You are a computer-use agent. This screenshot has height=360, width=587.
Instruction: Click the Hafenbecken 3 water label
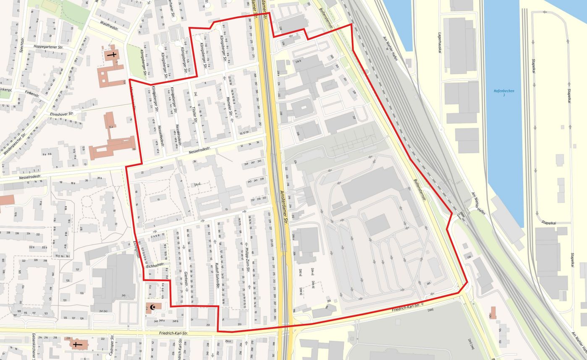[504, 93]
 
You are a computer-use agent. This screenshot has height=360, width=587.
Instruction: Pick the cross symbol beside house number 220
[76, 344]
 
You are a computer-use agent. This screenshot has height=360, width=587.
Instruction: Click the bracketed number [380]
[430, 310]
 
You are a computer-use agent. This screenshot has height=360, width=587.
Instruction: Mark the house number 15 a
[110, 126]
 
